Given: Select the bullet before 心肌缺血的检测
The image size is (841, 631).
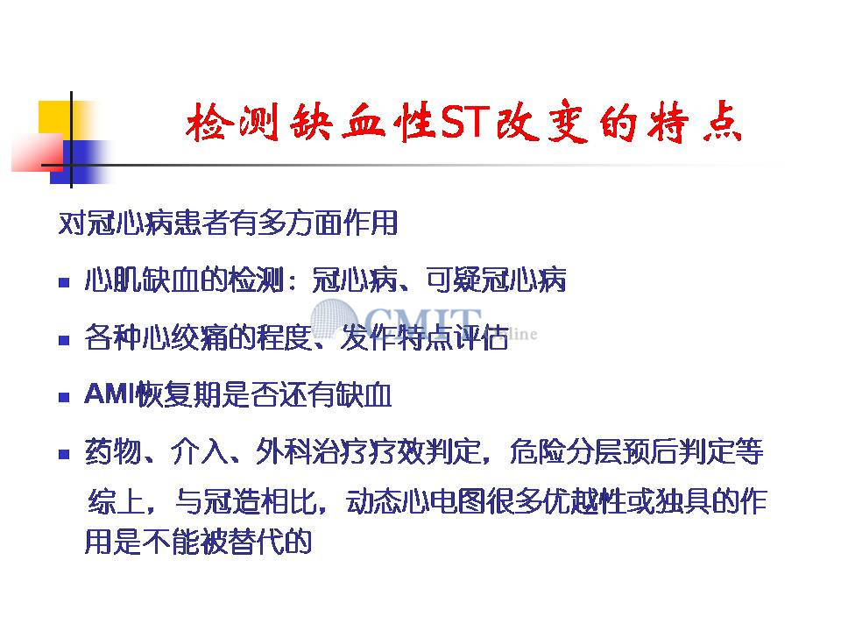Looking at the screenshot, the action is coord(64,282).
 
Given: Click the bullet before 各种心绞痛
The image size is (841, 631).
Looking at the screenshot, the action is coord(64,340).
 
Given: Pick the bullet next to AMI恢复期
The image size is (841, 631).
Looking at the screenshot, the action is coord(64,398).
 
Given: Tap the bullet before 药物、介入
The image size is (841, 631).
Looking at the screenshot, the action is coord(64,455).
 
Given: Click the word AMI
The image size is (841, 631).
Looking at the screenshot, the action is coord(110,393).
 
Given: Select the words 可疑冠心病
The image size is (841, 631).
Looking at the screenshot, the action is coord(496,280).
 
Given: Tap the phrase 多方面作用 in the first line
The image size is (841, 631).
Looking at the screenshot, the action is coord(327,223).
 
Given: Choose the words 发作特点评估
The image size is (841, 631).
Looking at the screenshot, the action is coord(425,337).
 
